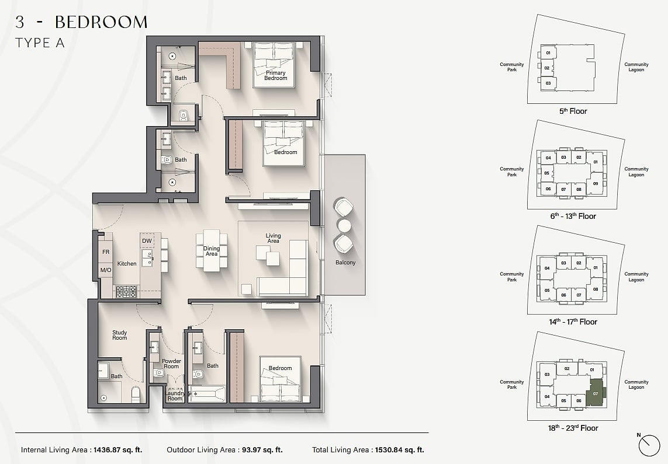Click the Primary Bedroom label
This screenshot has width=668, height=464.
(x=276, y=75)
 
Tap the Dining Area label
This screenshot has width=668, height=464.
(x=212, y=251)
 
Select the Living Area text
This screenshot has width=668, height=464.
(x=273, y=238)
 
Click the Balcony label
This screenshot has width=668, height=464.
(x=345, y=263)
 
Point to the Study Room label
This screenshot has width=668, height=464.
(x=120, y=335)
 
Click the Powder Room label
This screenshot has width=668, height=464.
(x=171, y=364)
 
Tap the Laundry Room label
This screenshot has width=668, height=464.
(x=175, y=396)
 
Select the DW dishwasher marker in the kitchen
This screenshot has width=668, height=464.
(x=147, y=240)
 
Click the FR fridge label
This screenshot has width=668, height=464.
(x=106, y=252)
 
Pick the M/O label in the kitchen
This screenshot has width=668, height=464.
(x=106, y=270)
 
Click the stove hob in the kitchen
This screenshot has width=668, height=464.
(x=126, y=291)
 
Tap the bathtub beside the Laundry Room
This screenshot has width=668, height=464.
(x=207, y=394)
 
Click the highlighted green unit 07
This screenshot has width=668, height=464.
(x=596, y=393)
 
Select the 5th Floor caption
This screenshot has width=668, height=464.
(x=573, y=111)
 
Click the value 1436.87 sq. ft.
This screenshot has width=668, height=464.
(x=117, y=449)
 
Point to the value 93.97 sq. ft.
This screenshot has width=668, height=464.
(x=262, y=449)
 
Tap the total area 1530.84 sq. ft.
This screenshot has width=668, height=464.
(x=400, y=449)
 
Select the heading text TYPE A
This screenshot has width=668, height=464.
(x=40, y=43)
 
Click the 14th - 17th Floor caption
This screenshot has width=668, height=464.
(x=573, y=322)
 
